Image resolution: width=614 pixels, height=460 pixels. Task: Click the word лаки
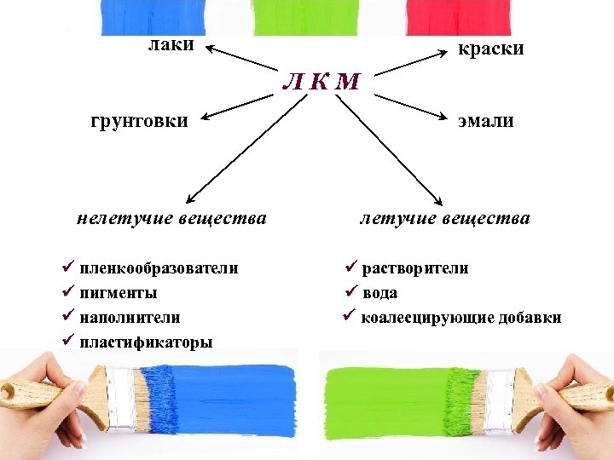click(x=171, y=44)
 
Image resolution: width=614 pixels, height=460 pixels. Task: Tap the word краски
click(x=490, y=49)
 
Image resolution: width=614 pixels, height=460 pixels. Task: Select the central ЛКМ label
click(x=321, y=82)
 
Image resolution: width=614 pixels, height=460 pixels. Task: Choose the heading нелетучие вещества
click(x=171, y=218)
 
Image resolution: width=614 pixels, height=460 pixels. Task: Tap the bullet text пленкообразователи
click(x=159, y=268)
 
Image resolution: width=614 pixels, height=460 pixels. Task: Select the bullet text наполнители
click(x=130, y=317)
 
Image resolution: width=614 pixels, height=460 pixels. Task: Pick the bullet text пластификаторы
click(x=146, y=342)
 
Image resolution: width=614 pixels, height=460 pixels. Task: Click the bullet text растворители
click(x=414, y=268)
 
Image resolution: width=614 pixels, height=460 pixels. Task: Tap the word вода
click(x=379, y=293)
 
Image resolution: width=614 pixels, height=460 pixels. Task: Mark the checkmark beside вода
click(x=349, y=292)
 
